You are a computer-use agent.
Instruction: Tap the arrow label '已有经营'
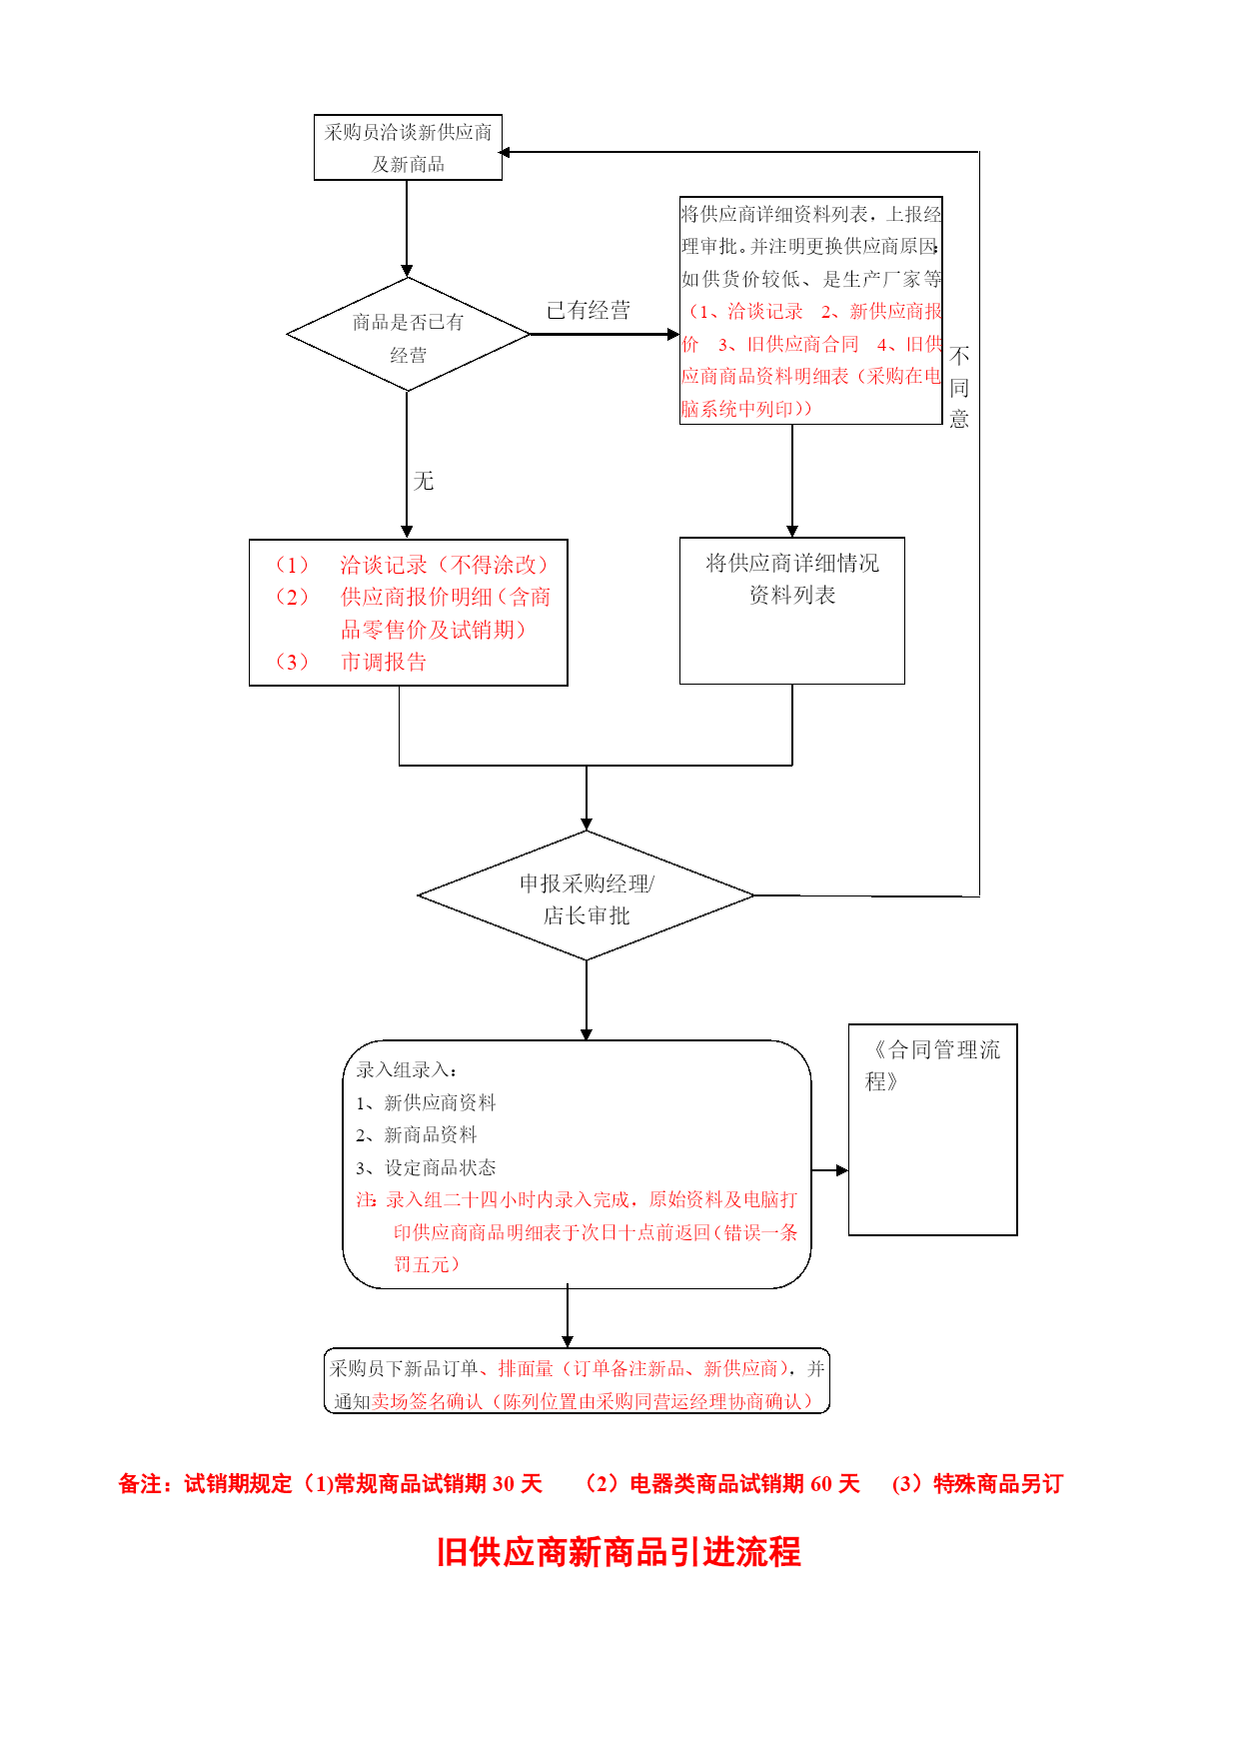[x=589, y=311]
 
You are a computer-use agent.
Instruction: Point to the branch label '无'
[x=424, y=481]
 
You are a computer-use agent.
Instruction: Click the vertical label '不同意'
[x=959, y=388]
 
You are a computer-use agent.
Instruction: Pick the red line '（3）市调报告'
[x=350, y=662]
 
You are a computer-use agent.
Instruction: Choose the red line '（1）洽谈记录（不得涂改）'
[x=411, y=565]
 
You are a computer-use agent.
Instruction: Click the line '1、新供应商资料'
[x=426, y=1102]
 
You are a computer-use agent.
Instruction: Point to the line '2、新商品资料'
[x=417, y=1134]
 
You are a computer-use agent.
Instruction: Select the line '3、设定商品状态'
[x=426, y=1167]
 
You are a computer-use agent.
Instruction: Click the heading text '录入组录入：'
[x=407, y=1069]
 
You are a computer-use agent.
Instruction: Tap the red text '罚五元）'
[x=427, y=1264]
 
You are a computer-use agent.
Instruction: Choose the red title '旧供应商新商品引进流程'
[x=620, y=1552]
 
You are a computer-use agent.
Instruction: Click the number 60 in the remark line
[x=821, y=1484]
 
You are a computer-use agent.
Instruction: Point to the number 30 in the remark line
[x=505, y=1484]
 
